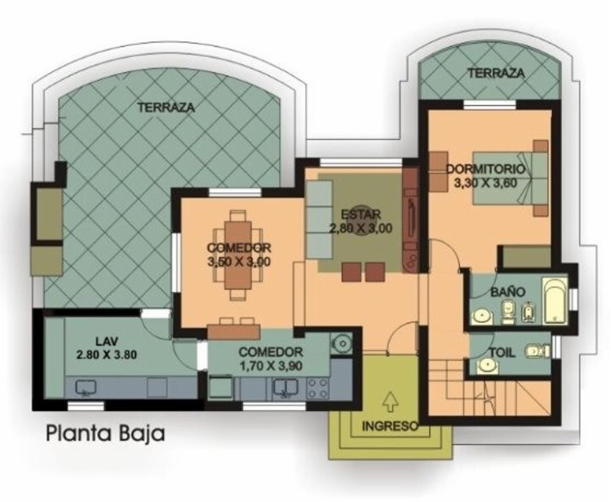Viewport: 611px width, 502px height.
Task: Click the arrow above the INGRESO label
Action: coord(390,402)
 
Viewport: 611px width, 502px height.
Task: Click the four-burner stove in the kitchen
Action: coord(318,388)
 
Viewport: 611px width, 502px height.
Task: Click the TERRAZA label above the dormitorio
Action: coord(496,73)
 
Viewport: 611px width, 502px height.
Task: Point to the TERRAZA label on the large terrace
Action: coord(166,108)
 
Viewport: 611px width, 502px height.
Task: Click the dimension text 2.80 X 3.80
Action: coord(106,355)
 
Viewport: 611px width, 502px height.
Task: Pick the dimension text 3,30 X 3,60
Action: coord(486,183)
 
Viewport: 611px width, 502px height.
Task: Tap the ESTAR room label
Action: coord(361,214)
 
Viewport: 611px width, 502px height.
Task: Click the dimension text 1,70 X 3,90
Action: coord(271,366)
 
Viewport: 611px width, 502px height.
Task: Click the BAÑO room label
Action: coord(508,292)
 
